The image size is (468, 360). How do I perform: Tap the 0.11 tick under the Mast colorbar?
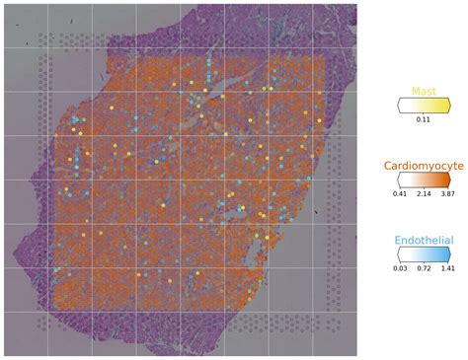(x=423, y=119)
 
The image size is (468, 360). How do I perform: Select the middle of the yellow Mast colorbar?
(x=423, y=106)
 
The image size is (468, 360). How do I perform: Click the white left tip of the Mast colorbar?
(x=398, y=106)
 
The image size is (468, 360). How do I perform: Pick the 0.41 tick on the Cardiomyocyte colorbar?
(x=401, y=195)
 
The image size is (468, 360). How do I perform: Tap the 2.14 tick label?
(x=423, y=195)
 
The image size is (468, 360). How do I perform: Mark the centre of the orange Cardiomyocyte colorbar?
(x=423, y=180)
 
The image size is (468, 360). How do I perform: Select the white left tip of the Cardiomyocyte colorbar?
(x=398, y=180)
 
